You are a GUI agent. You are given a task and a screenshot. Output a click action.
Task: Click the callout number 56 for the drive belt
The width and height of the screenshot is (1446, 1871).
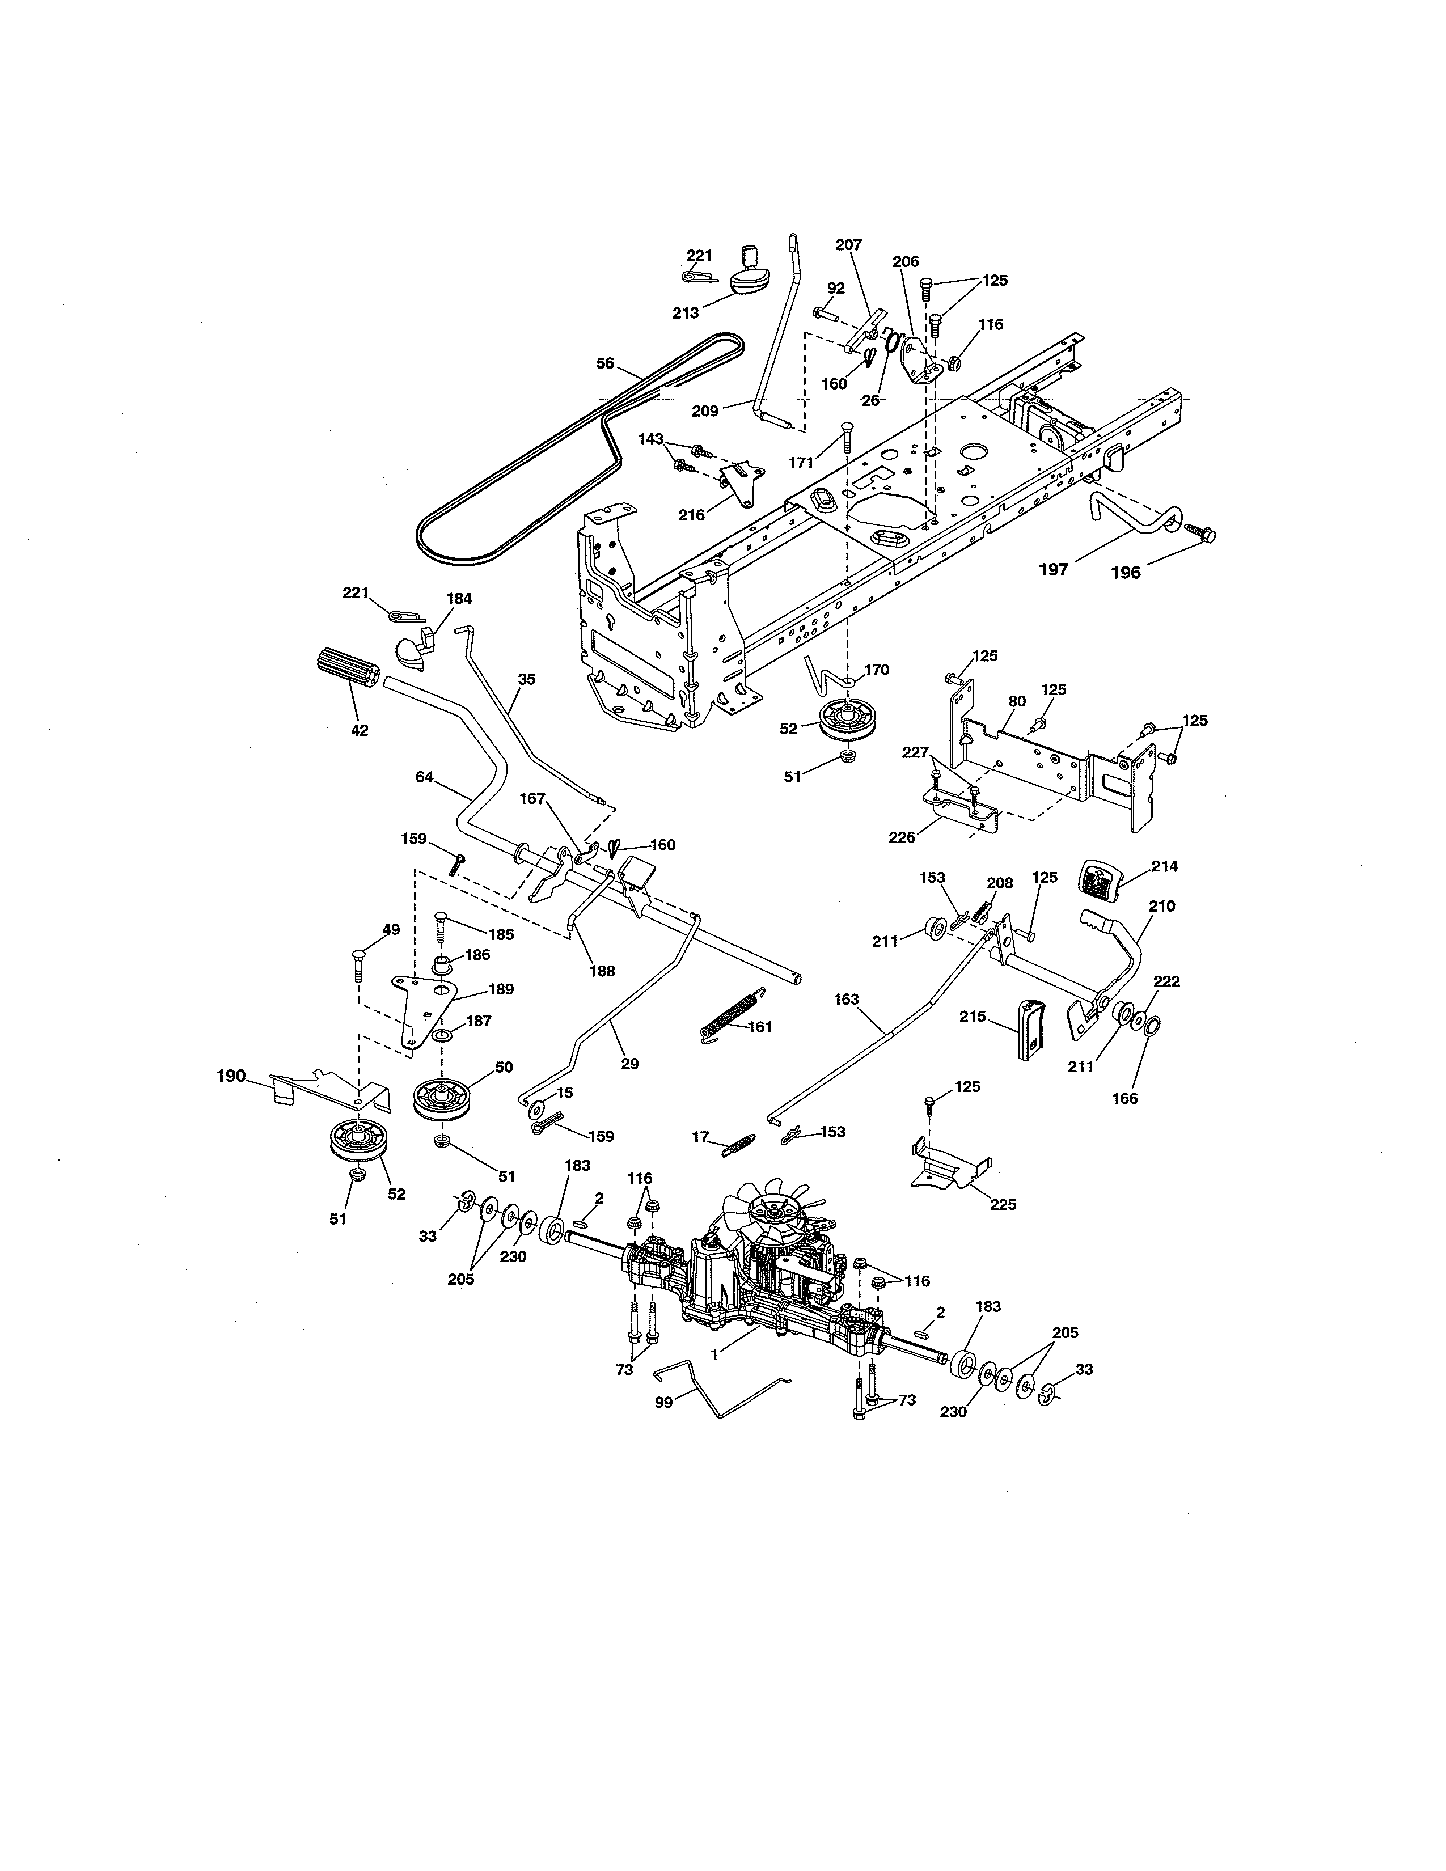point(605,363)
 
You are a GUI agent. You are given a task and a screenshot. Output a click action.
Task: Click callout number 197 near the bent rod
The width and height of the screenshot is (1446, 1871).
point(1053,569)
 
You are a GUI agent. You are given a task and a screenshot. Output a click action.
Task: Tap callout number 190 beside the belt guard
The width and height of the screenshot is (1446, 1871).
point(231,1076)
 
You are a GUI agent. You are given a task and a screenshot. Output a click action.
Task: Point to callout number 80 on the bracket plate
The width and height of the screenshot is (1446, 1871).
point(1016,701)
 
